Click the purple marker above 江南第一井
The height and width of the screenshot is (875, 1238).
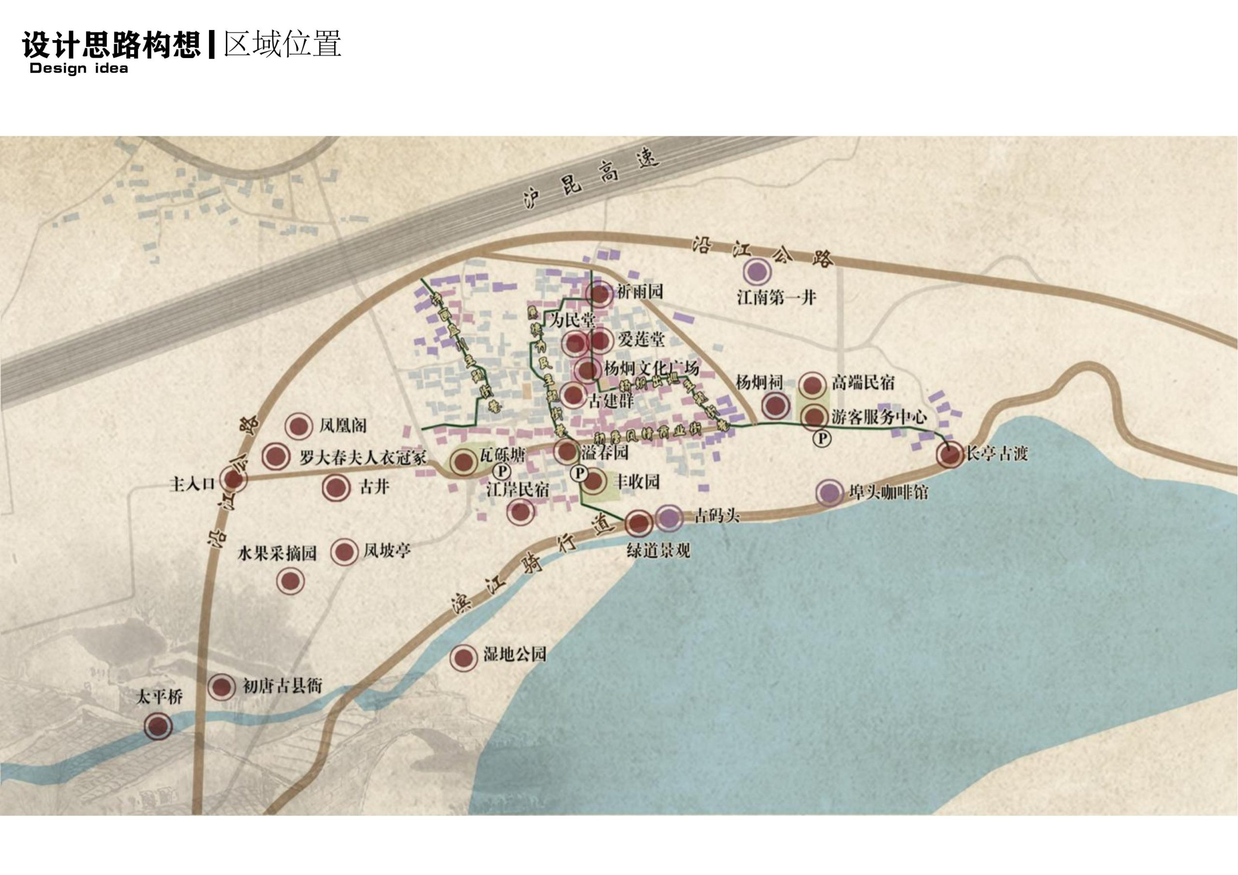(x=756, y=272)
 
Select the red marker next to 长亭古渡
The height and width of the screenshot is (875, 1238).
(x=949, y=454)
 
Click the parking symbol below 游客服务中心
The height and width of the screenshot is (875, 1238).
(x=822, y=438)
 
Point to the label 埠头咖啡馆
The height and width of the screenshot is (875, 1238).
(x=888, y=492)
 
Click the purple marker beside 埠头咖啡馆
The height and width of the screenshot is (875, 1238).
(x=829, y=492)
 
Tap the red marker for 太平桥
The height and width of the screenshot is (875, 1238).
(x=159, y=726)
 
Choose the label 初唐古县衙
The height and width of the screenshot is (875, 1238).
(x=282, y=686)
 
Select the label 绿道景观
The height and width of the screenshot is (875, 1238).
(x=658, y=551)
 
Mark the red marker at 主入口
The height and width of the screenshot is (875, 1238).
(x=234, y=479)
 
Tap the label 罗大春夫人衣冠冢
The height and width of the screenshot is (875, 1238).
(x=363, y=458)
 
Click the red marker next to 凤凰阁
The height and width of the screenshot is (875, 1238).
(x=299, y=426)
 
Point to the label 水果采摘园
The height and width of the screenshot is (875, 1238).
(x=277, y=553)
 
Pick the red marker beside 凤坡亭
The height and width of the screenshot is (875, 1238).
(x=344, y=552)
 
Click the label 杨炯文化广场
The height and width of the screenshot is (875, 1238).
(x=651, y=369)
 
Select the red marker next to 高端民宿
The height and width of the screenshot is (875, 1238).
(x=812, y=384)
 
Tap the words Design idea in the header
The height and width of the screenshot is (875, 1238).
(x=79, y=69)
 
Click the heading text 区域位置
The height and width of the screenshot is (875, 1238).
(x=282, y=44)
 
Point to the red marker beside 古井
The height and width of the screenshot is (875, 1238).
(x=336, y=488)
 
